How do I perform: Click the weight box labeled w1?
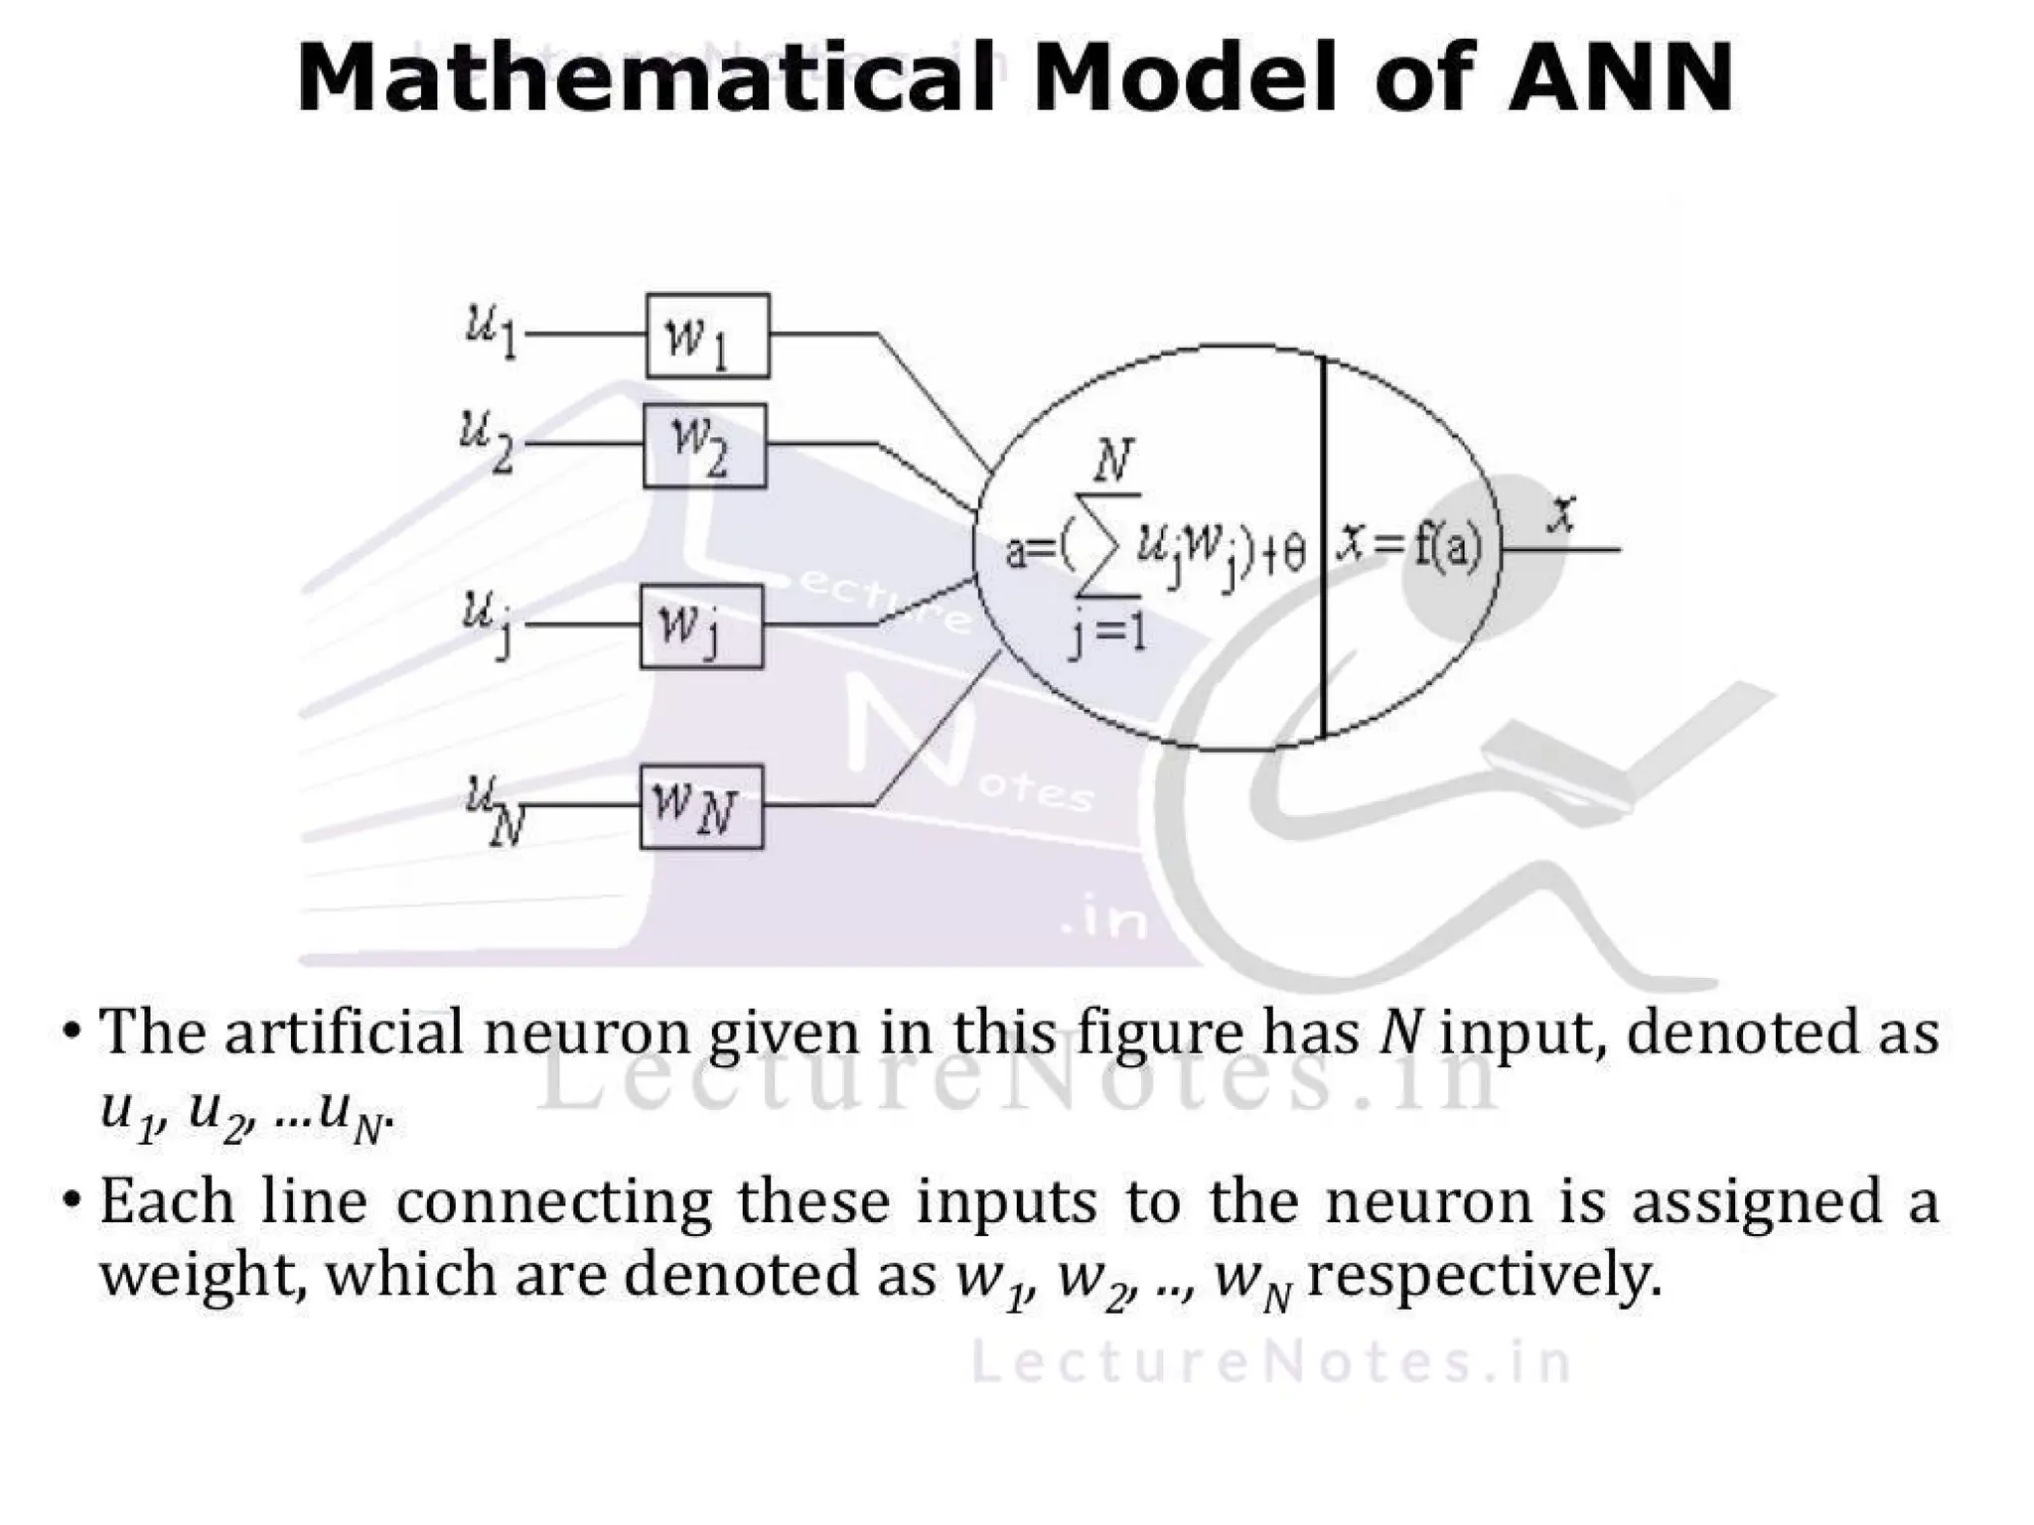click(x=707, y=336)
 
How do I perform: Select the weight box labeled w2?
click(x=704, y=446)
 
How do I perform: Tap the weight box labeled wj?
click(x=701, y=626)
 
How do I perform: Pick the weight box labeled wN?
click(x=701, y=806)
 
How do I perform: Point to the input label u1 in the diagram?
click(x=492, y=330)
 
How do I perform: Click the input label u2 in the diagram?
click(x=487, y=441)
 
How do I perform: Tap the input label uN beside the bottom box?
click(x=494, y=809)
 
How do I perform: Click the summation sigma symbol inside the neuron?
click(x=1105, y=546)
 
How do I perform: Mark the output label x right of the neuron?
click(x=1562, y=514)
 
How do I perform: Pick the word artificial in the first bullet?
click(x=344, y=1033)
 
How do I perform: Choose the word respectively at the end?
click(x=1484, y=1275)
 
